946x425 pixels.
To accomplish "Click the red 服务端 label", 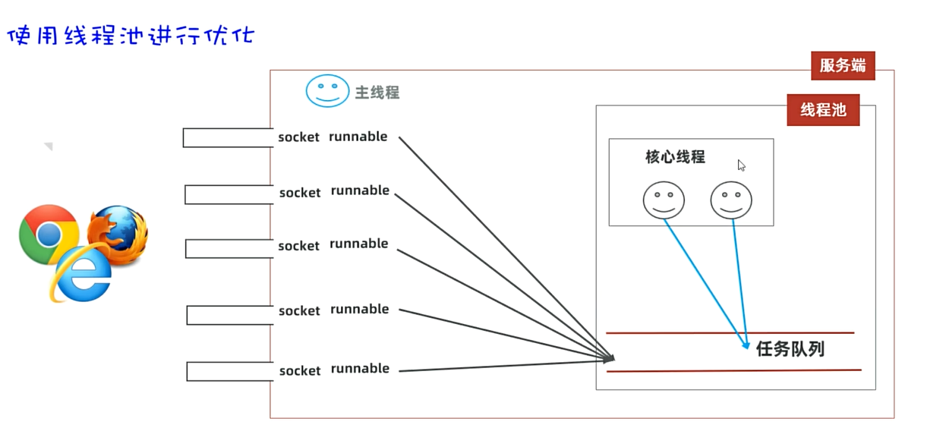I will click(x=842, y=65).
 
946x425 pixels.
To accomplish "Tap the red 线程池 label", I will click(x=823, y=110).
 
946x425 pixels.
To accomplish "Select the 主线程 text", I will click(x=377, y=93).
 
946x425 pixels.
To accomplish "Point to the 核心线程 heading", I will click(x=675, y=157).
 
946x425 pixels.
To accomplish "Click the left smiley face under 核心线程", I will click(x=664, y=200).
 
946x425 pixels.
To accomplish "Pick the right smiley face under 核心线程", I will click(x=731, y=200).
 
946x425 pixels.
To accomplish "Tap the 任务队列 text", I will click(x=790, y=349).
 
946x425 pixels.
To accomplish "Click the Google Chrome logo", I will click(x=49, y=235).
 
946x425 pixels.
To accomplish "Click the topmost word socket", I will click(x=298, y=137).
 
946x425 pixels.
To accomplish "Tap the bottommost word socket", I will click(x=300, y=371).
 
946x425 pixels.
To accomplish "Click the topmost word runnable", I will click(x=358, y=137).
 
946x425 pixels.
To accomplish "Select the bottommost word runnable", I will click(x=360, y=369).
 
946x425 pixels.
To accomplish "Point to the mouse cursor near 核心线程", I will click(x=741, y=165).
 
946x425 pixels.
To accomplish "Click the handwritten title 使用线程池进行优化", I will click(x=130, y=36).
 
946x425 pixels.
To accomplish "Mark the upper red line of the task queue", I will click(x=729, y=332).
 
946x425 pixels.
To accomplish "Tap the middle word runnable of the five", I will click(x=358, y=244).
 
